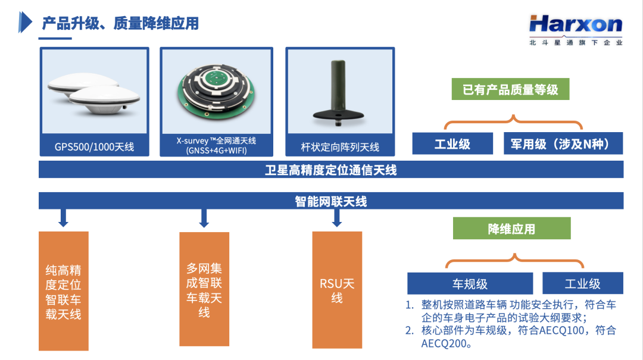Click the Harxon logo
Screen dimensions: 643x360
[x=576, y=30]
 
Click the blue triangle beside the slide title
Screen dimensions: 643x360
[x=25, y=22]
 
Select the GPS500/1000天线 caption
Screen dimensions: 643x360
[x=94, y=147]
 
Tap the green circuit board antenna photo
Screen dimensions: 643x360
[x=216, y=91]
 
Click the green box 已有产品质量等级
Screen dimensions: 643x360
[x=511, y=89]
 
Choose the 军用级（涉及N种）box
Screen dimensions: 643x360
[x=563, y=143]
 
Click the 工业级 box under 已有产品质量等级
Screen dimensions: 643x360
[x=452, y=143]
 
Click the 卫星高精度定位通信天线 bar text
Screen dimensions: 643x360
[x=331, y=170]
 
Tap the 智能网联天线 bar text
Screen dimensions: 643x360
[x=331, y=201]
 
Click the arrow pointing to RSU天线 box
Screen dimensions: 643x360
[x=336, y=218]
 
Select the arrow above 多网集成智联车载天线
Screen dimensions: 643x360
[x=204, y=218]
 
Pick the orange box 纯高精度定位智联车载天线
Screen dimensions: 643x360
[x=64, y=291]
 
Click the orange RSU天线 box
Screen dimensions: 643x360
[x=337, y=290]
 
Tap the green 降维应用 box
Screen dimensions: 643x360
[x=512, y=228]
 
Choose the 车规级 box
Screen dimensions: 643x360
[x=470, y=283]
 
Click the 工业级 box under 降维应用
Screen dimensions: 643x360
[x=583, y=283]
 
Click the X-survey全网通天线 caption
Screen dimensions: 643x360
[x=216, y=146]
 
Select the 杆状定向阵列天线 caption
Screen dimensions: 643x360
[x=340, y=147]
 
